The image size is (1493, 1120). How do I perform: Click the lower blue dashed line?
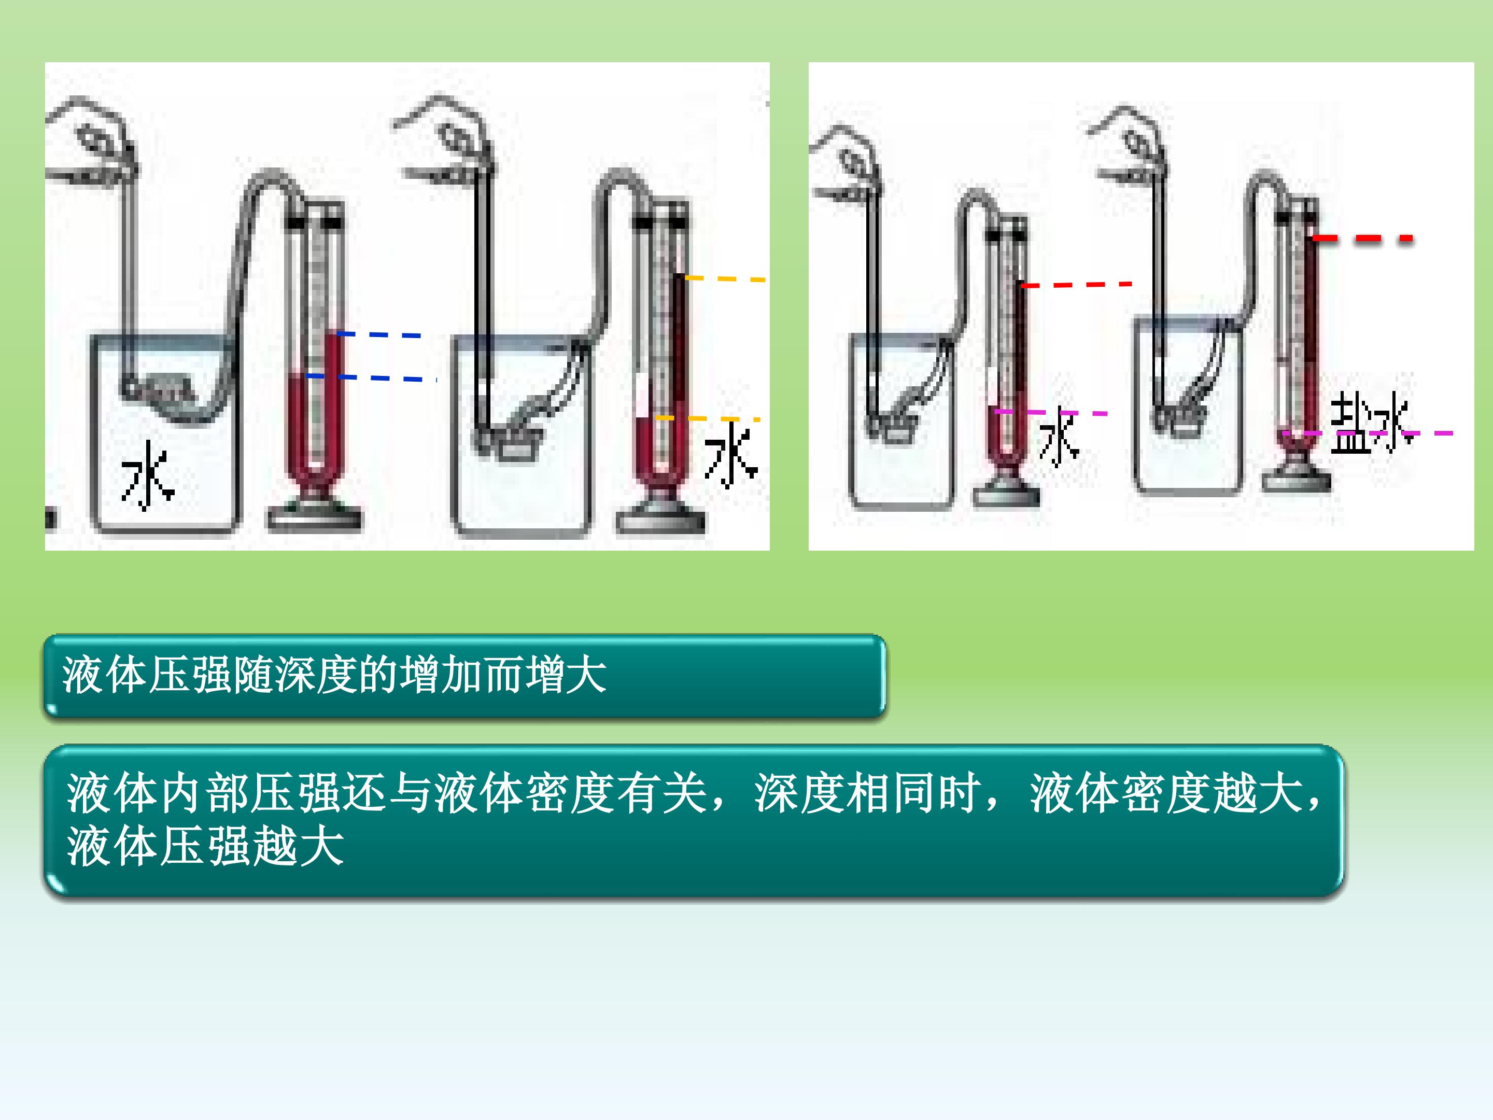pos(371,377)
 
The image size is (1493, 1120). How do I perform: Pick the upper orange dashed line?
pos(725,278)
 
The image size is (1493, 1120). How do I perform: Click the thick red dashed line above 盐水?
pos(1362,239)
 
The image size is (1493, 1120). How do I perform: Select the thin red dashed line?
pos(1077,285)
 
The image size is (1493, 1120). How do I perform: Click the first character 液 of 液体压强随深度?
pos(83,675)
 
